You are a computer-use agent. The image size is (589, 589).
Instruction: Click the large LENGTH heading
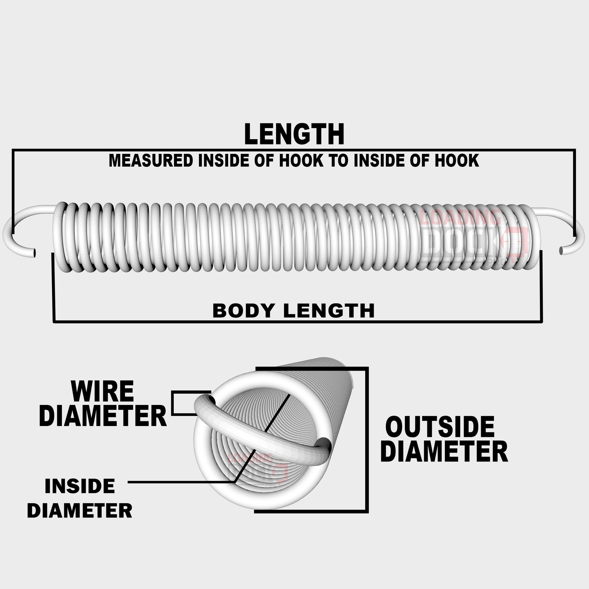294,134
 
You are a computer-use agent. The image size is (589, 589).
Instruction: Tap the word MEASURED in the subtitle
151,161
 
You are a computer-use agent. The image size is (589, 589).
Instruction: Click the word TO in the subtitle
338,161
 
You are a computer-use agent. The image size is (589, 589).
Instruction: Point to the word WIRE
102,391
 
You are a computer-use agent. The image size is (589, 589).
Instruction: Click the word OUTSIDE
440,427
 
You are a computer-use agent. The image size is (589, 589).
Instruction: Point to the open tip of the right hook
561,251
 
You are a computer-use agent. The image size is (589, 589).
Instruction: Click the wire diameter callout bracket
173,403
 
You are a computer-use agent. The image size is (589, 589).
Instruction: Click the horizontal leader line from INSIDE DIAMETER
180,482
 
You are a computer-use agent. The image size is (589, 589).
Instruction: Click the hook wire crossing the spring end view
262,439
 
